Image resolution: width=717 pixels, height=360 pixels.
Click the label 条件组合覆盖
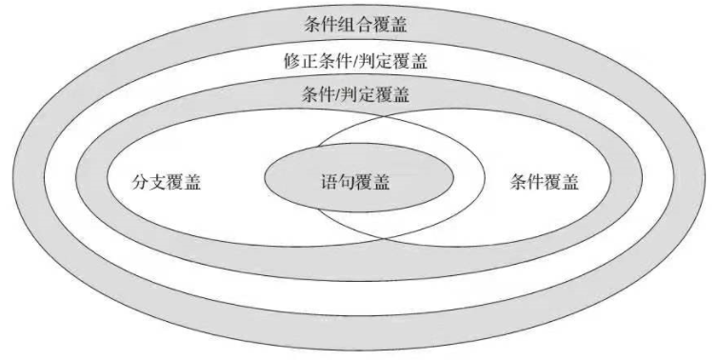[355, 24]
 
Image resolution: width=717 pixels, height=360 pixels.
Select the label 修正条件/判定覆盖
[355, 61]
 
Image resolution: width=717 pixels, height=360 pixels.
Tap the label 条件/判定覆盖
[355, 94]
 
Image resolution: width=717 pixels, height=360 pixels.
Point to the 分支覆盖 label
[166, 182]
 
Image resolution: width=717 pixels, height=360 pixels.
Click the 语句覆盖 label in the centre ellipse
[355, 182]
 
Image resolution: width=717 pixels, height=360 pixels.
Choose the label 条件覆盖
[544, 182]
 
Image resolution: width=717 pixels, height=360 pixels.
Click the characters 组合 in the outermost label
[355, 24]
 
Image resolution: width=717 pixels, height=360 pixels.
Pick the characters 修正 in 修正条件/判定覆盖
[301, 61]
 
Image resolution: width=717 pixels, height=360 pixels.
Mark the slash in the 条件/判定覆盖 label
[338, 94]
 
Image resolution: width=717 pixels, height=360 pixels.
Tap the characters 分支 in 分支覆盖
[149, 182]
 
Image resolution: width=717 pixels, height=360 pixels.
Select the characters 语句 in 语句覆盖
[338, 182]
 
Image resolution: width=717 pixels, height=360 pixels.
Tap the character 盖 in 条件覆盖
[570, 182]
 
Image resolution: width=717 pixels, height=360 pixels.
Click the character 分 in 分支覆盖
[140, 182]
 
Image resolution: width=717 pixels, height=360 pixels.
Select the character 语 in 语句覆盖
[329, 182]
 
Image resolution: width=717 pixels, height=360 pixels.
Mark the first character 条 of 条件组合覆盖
[312, 24]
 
